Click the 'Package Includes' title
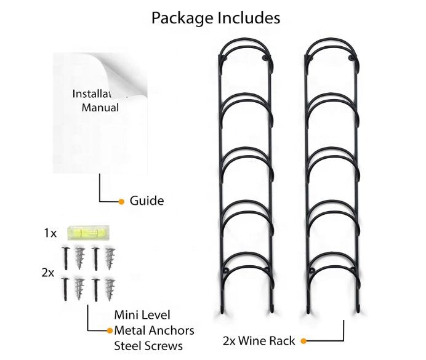coord(215,18)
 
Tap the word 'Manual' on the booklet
coord(100,107)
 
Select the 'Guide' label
coord(147,201)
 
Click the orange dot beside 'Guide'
coord(122,201)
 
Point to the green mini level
coord(87,233)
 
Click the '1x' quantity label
coord(50,233)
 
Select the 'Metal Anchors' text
coord(154,330)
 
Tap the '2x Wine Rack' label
coord(259,340)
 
